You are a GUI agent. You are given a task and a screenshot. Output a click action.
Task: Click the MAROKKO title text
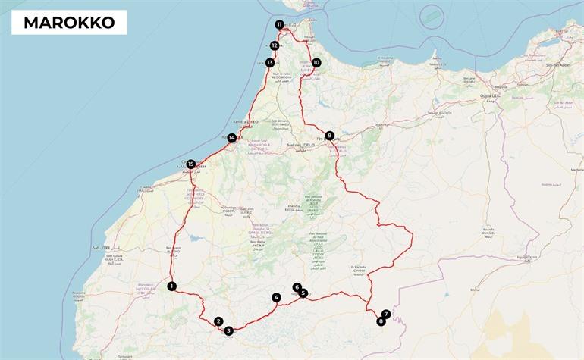click(69, 23)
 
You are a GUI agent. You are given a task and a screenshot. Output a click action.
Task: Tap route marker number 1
click(172, 286)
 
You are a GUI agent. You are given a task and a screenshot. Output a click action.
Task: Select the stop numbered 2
click(218, 321)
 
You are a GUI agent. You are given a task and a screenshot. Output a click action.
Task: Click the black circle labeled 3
click(228, 330)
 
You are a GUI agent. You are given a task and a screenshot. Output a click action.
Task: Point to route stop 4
click(276, 298)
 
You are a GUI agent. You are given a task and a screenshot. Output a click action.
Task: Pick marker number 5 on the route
click(303, 293)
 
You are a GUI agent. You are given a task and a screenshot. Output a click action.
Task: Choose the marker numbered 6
click(297, 287)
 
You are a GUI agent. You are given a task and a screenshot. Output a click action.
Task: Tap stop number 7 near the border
click(386, 314)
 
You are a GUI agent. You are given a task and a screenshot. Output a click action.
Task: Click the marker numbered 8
click(381, 321)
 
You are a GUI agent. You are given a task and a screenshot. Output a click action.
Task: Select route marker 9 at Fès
click(329, 136)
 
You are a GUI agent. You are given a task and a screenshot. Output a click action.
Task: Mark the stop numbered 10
click(316, 63)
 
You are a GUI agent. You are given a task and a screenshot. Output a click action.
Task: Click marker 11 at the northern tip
click(280, 25)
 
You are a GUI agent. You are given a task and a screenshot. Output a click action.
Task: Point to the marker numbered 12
click(275, 45)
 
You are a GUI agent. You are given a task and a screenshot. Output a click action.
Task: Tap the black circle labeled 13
click(270, 62)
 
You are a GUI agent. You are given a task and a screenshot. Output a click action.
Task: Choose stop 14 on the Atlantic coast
click(231, 138)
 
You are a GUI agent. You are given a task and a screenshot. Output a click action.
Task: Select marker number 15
click(190, 164)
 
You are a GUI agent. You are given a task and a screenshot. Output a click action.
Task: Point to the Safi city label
click(102, 248)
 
